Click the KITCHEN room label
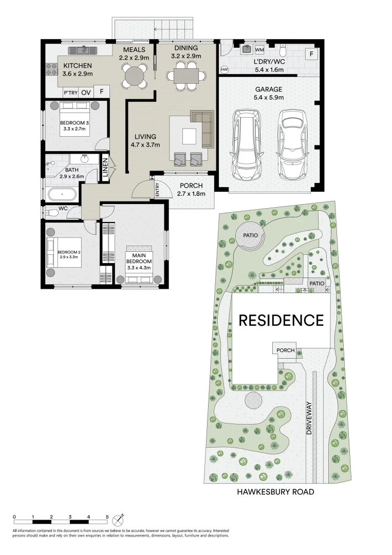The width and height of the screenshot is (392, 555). (x=77, y=66)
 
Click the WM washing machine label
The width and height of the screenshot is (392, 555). (x=259, y=50)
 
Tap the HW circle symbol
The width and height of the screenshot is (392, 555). (x=224, y=69)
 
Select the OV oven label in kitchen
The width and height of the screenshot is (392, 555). (x=86, y=92)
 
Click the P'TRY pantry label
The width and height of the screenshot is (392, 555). (x=69, y=93)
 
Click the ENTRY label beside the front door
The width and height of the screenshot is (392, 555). (x=157, y=191)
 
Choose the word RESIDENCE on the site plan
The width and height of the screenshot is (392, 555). (x=281, y=321)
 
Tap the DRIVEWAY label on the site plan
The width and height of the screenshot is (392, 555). (x=309, y=418)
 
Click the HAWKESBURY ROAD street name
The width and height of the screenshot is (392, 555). (x=275, y=492)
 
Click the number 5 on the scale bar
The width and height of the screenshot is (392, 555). (x=107, y=517)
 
